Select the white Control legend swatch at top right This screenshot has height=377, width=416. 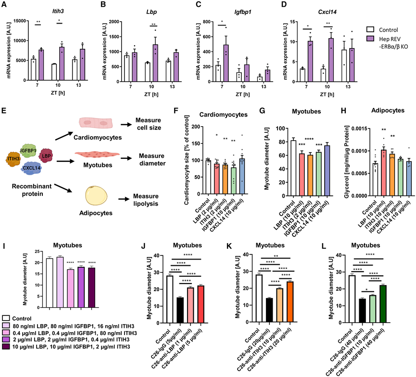pyautogui.click(x=370, y=29)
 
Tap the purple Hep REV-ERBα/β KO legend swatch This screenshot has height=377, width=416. pyautogui.click(x=370, y=39)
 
